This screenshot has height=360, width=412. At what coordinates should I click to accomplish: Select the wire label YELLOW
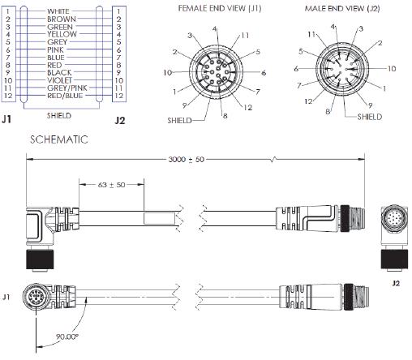62,34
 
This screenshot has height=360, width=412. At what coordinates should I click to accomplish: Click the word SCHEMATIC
59,139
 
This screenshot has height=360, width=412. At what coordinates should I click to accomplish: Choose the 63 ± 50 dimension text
111,184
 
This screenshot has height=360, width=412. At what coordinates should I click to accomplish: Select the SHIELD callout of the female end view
180,119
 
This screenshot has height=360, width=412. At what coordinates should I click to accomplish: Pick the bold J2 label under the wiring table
119,121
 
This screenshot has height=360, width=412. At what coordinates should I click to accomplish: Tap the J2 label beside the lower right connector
396,284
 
